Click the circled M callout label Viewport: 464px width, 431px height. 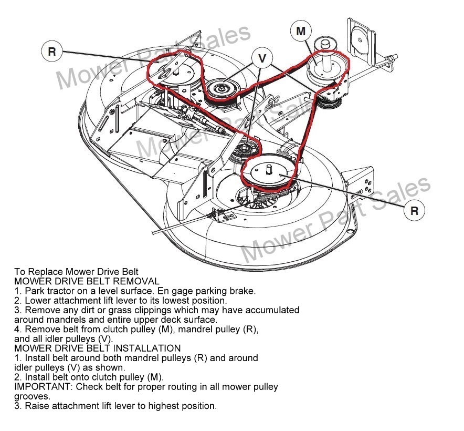(x=301, y=32)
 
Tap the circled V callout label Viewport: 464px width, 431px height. (x=262, y=59)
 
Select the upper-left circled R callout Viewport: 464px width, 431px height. (x=51, y=52)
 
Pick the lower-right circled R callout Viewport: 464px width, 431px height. (x=414, y=211)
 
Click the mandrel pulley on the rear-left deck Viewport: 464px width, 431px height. (x=174, y=71)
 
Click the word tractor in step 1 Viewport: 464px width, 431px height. (x=60, y=291)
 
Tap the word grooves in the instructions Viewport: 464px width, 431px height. (x=31, y=396)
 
